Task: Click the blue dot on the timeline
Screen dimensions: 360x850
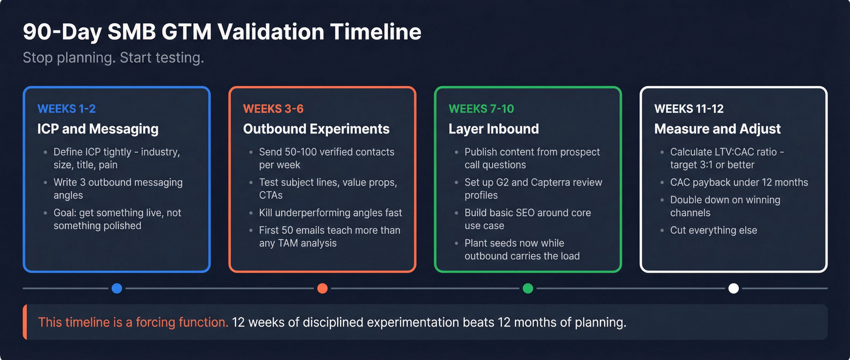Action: tap(117, 288)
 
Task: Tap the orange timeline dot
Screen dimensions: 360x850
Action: tap(322, 288)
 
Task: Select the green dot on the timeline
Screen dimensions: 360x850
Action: tap(528, 288)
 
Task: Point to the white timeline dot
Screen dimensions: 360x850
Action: tap(733, 288)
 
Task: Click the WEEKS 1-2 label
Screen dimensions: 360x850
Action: tap(66, 109)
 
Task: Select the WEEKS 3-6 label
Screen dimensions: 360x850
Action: tap(273, 109)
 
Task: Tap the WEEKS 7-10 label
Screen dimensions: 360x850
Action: tap(481, 109)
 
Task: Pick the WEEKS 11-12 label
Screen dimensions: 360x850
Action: tap(688, 109)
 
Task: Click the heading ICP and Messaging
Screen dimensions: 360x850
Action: tap(98, 129)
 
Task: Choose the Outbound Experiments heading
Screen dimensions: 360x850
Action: tap(316, 129)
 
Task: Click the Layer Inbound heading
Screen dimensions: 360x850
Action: tap(494, 129)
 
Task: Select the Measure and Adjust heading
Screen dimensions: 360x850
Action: tap(717, 129)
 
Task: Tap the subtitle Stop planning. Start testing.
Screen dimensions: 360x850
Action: tap(113, 58)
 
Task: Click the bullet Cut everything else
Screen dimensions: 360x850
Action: tap(713, 230)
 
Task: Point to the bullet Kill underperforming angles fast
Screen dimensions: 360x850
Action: tap(330, 212)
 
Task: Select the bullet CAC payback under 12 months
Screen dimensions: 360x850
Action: tap(739, 182)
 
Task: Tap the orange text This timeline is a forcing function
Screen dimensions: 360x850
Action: tap(133, 322)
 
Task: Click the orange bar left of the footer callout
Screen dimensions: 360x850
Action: tap(25, 322)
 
